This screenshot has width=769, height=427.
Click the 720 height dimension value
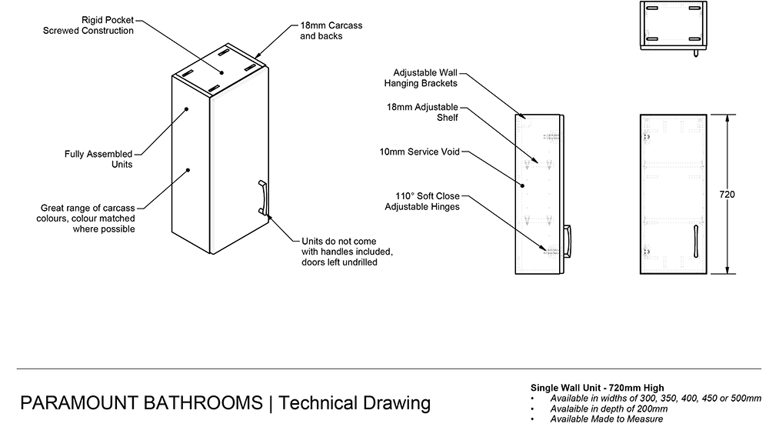[727, 195]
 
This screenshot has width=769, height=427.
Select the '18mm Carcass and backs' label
[331, 31]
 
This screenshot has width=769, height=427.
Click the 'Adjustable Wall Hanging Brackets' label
[425, 78]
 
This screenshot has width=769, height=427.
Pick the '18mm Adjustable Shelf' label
[422, 112]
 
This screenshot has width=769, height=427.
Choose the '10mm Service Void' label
[419, 152]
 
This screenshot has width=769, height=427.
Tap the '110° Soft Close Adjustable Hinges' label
[421, 202]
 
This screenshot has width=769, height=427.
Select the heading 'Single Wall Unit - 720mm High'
[598, 387]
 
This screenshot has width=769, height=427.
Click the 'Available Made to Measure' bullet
[607, 419]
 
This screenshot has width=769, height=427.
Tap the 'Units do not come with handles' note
[347, 252]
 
